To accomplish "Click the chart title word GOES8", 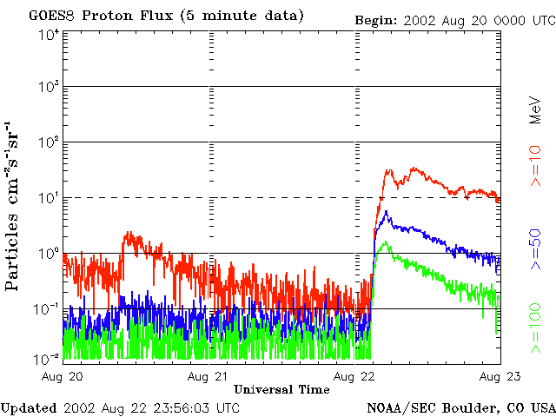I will coord(50,17).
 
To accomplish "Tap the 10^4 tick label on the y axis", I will coord(48,35).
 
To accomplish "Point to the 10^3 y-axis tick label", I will coord(48,89).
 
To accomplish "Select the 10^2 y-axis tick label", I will coord(48,143).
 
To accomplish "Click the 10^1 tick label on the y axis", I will coord(48,199).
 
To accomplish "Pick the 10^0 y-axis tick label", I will coord(48,255).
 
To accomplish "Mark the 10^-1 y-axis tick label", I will coord(48,309).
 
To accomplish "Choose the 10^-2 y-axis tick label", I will coord(48,358).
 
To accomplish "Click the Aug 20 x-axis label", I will coord(63,376).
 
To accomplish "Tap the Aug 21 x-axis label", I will coord(208,376).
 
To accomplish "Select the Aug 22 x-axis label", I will coord(354,376).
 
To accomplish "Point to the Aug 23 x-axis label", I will coord(499,376).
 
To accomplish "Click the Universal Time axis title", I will coord(281,388).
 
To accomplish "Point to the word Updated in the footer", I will coord(29,407).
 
